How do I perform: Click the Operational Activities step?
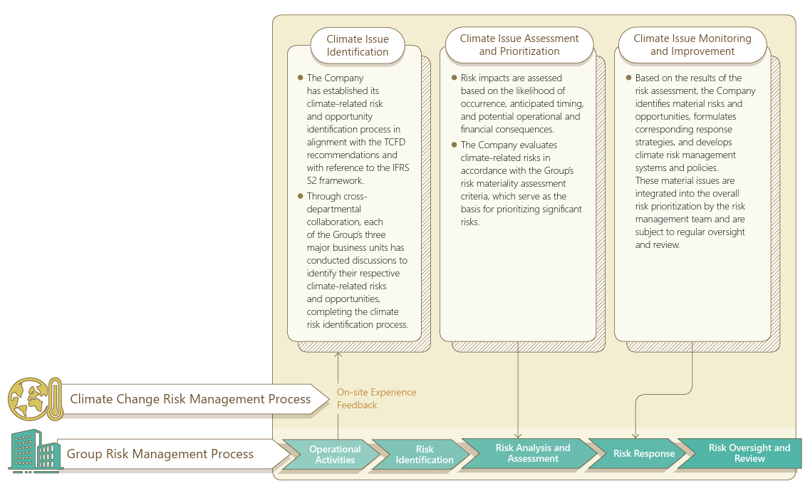tap(335, 455)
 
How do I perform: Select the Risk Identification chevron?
tap(425, 455)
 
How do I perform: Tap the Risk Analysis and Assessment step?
tap(532, 453)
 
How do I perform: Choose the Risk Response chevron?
tap(643, 454)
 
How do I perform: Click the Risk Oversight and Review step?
tap(749, 453)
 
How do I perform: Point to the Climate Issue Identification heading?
tap(357, 46)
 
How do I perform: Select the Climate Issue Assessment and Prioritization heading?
tap(519, 45)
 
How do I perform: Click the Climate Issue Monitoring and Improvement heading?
tap(692, 45)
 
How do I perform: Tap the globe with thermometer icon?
tap(35, 399)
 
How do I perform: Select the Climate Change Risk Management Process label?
tap(190, 399)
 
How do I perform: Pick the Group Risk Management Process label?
tap(160, 454)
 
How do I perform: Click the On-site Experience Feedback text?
tap(376, 398)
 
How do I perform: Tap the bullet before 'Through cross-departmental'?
tap(300, 195)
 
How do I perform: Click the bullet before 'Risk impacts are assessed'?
tap(454, 78)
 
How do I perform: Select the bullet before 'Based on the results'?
tap(628, 78)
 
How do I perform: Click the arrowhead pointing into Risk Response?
tap(635, 435)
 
